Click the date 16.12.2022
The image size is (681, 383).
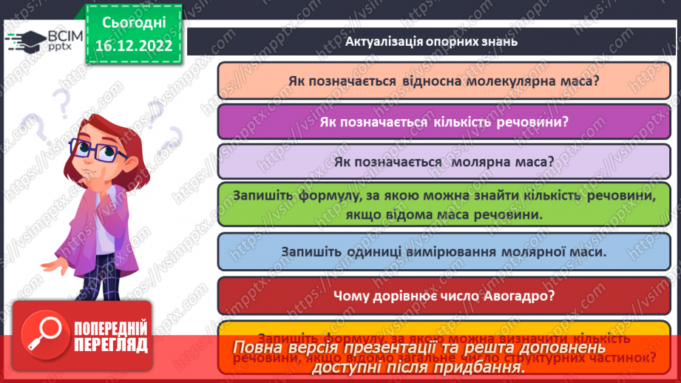133,47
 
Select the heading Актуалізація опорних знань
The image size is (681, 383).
431,41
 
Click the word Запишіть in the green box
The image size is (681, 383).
264,195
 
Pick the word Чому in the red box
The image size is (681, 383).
351,296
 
